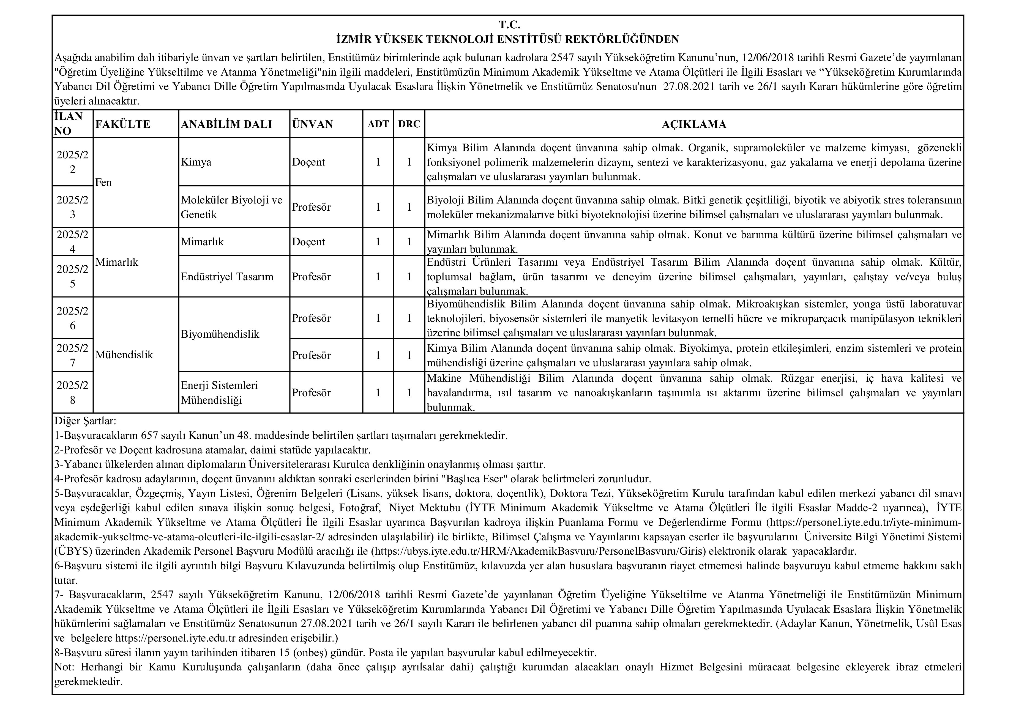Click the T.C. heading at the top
509,25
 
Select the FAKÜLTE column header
122,124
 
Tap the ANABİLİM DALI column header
226,124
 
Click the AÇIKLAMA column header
693,124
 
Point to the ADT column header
378,124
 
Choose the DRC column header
409,124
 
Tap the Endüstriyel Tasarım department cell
227,277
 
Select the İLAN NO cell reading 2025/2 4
73,242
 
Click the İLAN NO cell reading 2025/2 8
73,393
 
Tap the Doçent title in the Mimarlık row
308,242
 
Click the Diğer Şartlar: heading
85,421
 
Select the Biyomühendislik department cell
220,334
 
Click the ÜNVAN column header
312,124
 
